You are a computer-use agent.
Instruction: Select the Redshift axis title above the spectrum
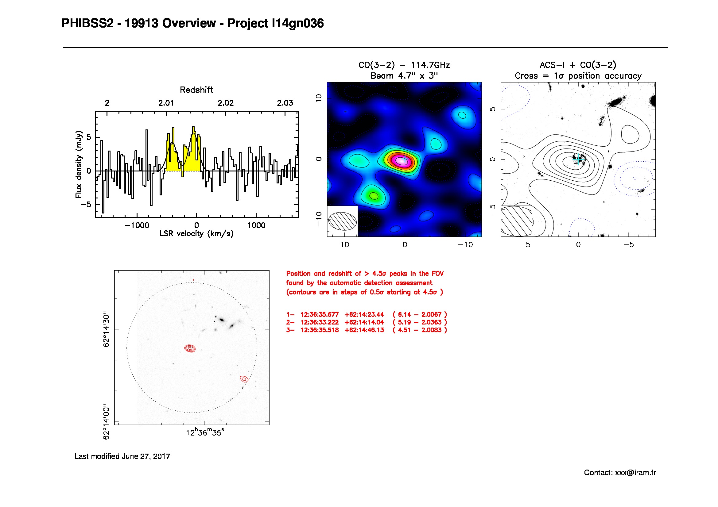196,90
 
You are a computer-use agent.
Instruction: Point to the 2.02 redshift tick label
226,103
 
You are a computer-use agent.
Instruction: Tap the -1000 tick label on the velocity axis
137,225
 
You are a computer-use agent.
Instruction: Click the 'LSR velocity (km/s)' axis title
196,234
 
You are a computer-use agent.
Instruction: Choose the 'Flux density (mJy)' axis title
79,164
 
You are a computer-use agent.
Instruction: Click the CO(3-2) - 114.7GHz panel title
404,65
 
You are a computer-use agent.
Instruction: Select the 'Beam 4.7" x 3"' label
404,76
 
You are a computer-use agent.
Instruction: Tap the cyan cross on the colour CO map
405,159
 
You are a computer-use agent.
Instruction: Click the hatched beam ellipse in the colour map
342,221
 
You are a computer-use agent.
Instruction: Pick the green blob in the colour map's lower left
373,196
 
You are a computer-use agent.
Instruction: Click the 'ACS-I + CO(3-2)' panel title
578,65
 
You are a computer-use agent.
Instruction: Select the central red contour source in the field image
190,348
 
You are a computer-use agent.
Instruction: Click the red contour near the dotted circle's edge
244,379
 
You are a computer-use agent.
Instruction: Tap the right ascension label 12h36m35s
205,433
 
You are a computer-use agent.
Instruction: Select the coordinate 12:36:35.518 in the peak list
319,330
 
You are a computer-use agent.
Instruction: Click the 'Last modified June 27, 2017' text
122,456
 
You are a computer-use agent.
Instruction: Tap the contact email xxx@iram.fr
635,473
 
